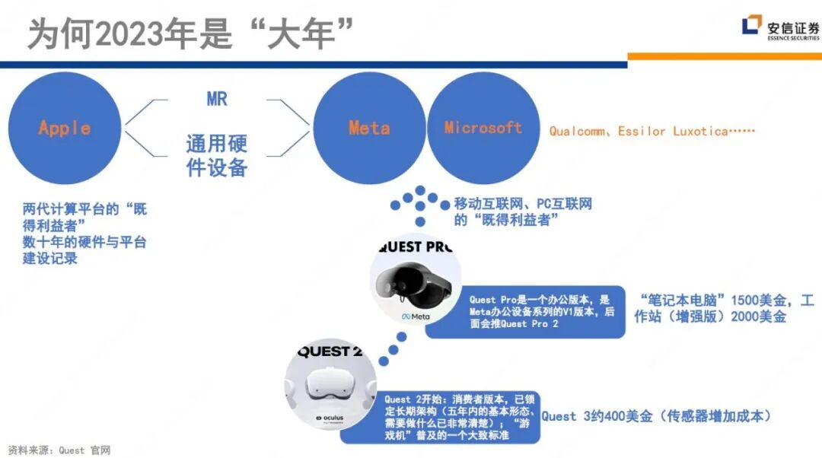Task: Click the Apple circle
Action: tap(65, 128)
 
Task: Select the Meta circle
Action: tap(369, 128)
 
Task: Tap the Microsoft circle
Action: tap(483, 128)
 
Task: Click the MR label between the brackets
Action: tap(217, 100)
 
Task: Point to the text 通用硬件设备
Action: tap(217, 155)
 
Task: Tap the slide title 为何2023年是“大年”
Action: tap(191, 33)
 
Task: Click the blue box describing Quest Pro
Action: tap(524, 311)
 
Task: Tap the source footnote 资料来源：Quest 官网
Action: tap(59, 450)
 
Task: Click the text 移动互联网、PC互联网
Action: tap(522, 204)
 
